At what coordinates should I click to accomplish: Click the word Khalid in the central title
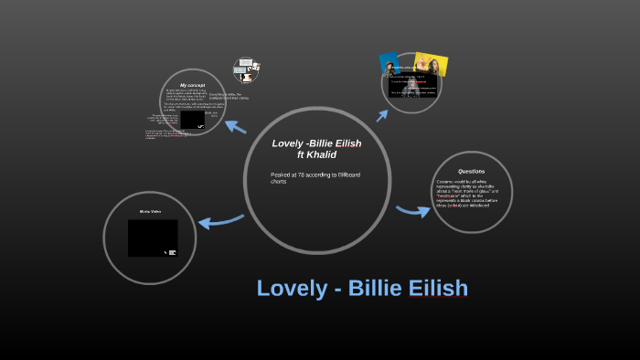coord(322,154)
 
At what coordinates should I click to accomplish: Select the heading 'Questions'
coord(472,171)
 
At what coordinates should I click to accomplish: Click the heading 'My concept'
coord(192,85)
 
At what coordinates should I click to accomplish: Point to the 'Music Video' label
coord(151,211)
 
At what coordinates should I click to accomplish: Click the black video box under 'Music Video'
coord(152,238)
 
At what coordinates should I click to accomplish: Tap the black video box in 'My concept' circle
coord(192,120)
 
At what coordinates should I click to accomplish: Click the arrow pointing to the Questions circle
coord(412,211)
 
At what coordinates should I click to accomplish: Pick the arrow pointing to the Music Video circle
coord(220,220)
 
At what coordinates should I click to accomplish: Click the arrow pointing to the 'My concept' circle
coord(235,127)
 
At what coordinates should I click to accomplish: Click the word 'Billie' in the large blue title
coord(375,289)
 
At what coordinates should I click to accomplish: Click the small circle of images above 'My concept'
coord(245,70)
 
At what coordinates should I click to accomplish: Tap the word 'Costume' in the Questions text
coord(446,183)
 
